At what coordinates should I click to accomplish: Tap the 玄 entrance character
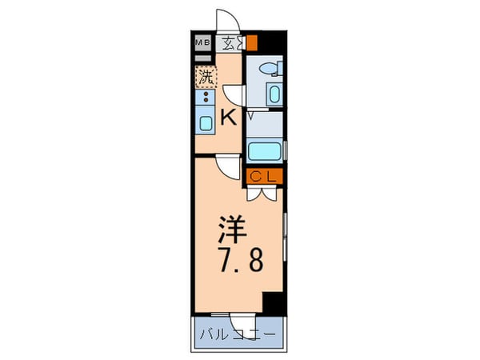(230, 43)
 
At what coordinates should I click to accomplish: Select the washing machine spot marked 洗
(206, 78)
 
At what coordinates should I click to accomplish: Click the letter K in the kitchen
(229, 118)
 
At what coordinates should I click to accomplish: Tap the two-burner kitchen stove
(206, 99)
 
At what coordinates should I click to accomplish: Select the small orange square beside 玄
(251, 43)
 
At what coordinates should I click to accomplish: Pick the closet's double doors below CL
(265, 193)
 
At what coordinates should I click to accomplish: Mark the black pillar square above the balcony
(273, 303)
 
